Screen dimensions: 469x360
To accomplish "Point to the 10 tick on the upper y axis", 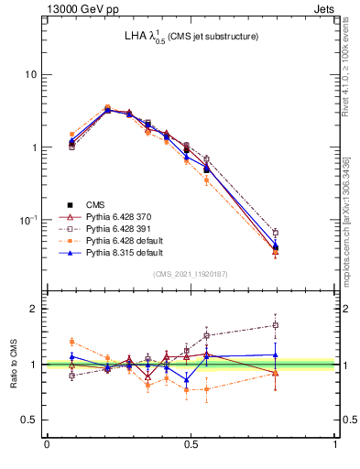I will [32, 74].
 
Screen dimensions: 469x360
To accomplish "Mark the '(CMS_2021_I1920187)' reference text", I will [191, 274].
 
